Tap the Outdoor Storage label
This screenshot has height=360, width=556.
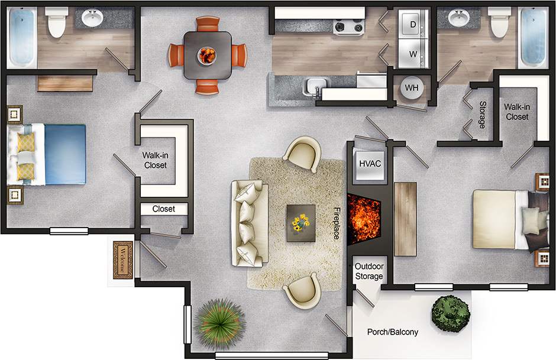coord(369,271)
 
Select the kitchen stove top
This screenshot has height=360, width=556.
coord(350,26)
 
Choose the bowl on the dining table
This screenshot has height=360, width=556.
coord(206,55)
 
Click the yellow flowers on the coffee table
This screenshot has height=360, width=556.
coord(300,222)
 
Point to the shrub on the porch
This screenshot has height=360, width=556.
coord(451,310)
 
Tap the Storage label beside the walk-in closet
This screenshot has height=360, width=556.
coord(482,115)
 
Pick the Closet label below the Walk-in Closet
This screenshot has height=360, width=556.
coord(164,209)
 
